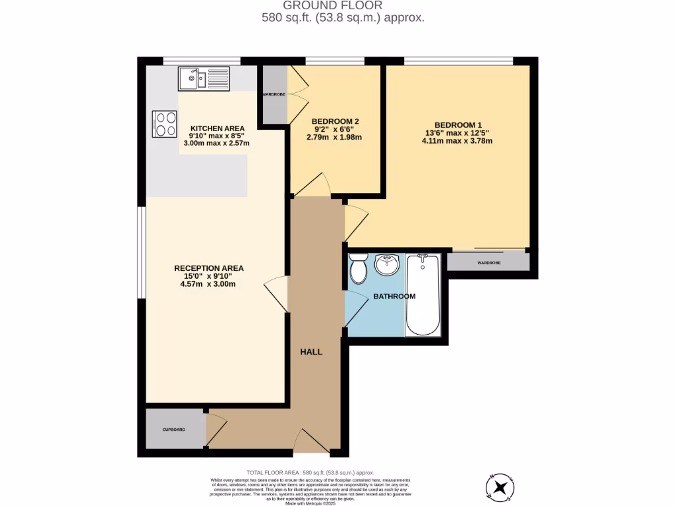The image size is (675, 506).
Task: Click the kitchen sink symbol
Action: (204, 79)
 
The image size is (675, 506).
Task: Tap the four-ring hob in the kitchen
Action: (165, 123)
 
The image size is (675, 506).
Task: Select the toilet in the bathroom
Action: (359, 268)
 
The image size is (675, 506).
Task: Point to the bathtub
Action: (423, 295)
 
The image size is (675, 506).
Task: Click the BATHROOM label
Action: (394, 296)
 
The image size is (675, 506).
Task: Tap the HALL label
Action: (311, 352)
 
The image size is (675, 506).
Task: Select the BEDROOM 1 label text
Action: (458, 125)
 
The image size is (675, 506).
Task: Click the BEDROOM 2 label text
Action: (335, 121)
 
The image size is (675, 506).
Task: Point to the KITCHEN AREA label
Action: (218, 128)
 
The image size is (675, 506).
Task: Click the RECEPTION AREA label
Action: (209, 268)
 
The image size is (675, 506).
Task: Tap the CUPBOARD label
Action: (174, 430)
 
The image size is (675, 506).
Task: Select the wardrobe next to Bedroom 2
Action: (274, 94)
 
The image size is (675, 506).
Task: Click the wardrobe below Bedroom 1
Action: (488, 262)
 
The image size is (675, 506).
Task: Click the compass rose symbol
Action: (501, 488)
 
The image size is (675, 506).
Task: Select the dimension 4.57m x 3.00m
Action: (209, 285)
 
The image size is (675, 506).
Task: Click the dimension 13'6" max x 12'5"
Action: (457, 133)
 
